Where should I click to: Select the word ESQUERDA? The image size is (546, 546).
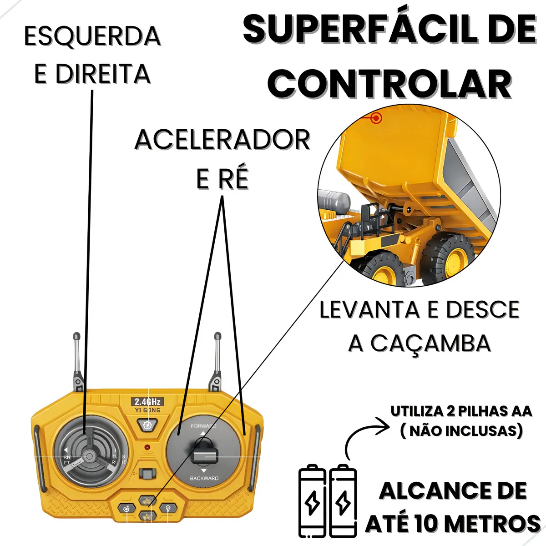(x=92, y=36)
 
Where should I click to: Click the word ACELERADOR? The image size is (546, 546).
(x=222, y=140)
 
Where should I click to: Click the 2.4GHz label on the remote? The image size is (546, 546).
(x=147, y=402)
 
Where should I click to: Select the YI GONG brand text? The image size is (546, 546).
(x=148, y=410)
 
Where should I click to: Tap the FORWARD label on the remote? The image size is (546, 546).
(x=203, y=426)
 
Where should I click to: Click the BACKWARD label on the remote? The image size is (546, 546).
(x=204, y=479)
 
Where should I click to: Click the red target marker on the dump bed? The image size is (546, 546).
(x=376, y=118)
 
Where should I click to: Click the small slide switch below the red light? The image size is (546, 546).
(x=147, y=474)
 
